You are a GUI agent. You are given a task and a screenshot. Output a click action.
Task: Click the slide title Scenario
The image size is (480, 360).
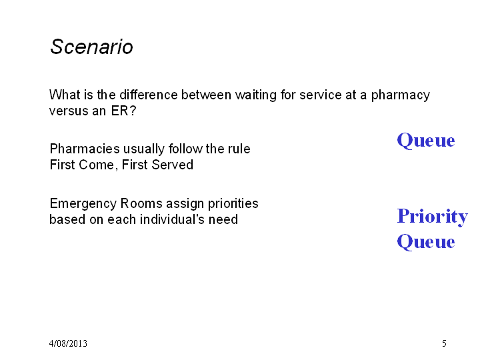[x=91, y=47]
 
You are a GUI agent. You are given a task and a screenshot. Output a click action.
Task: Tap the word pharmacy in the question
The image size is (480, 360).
[x=401, y=96]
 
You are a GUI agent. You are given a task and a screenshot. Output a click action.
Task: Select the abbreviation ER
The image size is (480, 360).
[x=119, y=111]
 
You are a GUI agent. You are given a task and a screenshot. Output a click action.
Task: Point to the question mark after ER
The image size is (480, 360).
[x=133, y=111]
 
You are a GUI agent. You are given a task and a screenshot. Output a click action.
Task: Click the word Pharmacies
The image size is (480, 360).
[x=85, y=149]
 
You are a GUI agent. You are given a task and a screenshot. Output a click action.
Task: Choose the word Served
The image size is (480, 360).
[x=173, y=165]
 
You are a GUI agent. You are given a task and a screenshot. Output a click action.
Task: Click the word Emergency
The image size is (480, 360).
[x=83, y=204]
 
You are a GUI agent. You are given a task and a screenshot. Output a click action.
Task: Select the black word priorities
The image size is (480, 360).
[x=233, y=204]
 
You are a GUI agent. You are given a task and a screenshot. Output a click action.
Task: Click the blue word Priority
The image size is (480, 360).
[x=432, y=217]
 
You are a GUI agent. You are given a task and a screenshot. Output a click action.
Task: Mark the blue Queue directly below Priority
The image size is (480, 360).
[x=426, y=242]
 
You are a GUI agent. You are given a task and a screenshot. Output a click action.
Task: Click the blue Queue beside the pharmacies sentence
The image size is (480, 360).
[x=426, y=141]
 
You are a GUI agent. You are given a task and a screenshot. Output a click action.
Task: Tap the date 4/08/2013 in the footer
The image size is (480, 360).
[x=68, y=343]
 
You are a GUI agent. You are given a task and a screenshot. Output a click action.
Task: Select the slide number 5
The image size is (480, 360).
[x=444, y=343]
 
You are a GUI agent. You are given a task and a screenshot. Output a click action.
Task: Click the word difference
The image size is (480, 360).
[x=149, y=95]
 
